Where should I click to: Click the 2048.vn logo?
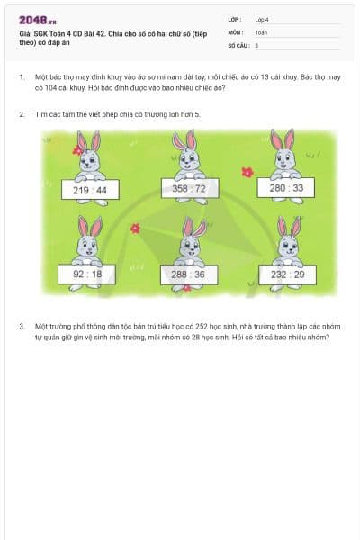coord(38,20)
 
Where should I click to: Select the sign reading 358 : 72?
coord(189,188)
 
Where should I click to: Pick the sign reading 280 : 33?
coord(286,188)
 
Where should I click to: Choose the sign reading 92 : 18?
coord(87,274)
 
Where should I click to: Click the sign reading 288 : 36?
coord(188,274)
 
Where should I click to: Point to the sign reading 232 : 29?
coord(288,274)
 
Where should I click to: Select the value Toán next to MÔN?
coord(261,31)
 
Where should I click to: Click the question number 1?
coord(21,78)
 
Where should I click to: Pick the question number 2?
coord(21,115)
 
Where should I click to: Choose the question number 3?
coord(21,327)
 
